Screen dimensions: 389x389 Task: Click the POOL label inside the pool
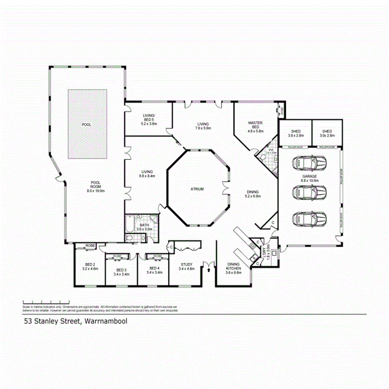[87, 124]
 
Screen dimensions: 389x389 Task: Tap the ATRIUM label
[198, 189]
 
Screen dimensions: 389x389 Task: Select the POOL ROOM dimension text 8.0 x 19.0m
[96, 190]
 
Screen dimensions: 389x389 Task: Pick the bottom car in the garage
[309, 218]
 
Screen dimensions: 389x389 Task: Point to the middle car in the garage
[309, 192]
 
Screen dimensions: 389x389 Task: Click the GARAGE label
[309, 177]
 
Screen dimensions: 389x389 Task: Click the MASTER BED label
[255, 125]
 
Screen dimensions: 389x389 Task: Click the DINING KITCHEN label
[233, 266]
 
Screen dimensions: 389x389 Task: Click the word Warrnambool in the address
[106, 321]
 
